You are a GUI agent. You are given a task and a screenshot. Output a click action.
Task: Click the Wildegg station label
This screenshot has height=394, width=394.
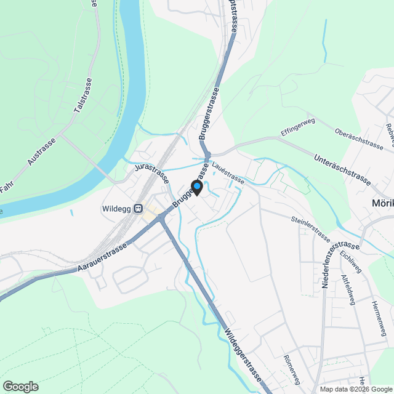pos(117,208)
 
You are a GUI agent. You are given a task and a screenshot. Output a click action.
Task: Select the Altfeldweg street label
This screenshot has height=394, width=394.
pos(348,289)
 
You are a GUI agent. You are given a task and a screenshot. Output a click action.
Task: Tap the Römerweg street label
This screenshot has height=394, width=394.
pos(291,368)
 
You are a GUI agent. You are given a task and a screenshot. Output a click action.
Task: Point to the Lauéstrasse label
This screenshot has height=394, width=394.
pos(227,173)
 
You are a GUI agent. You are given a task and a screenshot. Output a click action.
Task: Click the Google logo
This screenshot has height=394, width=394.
pos(20,387)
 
